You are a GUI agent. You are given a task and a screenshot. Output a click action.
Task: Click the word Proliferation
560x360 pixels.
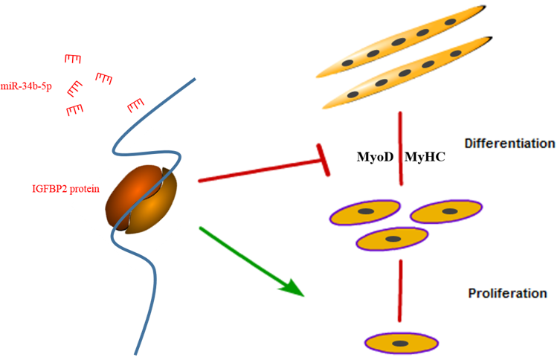pos(507,293)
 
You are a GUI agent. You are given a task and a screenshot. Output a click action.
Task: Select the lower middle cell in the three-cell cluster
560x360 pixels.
pos(393,238)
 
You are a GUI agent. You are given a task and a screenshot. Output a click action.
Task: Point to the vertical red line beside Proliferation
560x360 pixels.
pos(401,291)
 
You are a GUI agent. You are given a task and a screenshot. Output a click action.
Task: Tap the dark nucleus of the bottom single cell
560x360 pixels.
pos(400,343)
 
